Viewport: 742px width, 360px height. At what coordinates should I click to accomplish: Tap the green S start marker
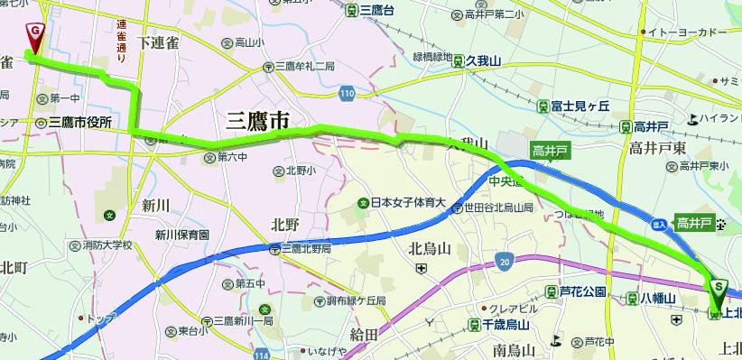718,287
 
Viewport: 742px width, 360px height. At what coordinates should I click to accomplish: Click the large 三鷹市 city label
258,119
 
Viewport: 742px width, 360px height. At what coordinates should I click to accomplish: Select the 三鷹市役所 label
79,123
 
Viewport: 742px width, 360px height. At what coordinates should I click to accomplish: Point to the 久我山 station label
484,60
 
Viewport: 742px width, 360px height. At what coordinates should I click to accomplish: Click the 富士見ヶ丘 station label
581,106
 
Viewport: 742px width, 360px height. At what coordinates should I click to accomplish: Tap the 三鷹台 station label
376,11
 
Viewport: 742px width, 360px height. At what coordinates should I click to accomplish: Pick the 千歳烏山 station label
505,323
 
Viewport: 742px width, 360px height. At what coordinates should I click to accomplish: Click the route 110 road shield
348,93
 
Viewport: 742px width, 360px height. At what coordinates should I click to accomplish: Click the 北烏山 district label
430,248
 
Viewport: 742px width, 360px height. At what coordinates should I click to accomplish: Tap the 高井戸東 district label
658,146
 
